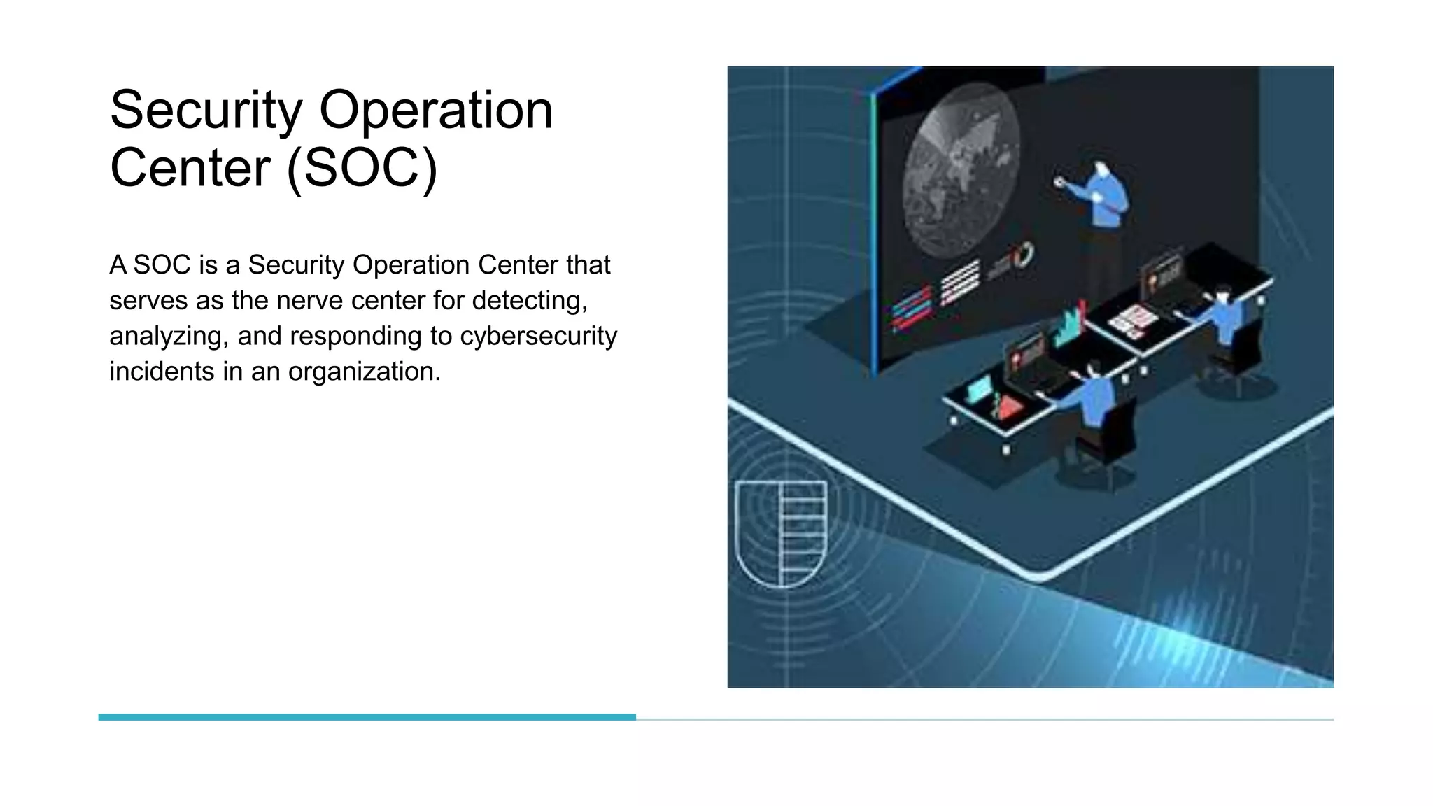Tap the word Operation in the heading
point(435,111)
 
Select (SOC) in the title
point(362,168)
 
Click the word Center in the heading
point(190,168)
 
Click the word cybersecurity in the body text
point(538,336)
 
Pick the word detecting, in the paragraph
point(530,301)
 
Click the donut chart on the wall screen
point(1024,255)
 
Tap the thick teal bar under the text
point(367,717)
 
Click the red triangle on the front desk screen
point(1008,408)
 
